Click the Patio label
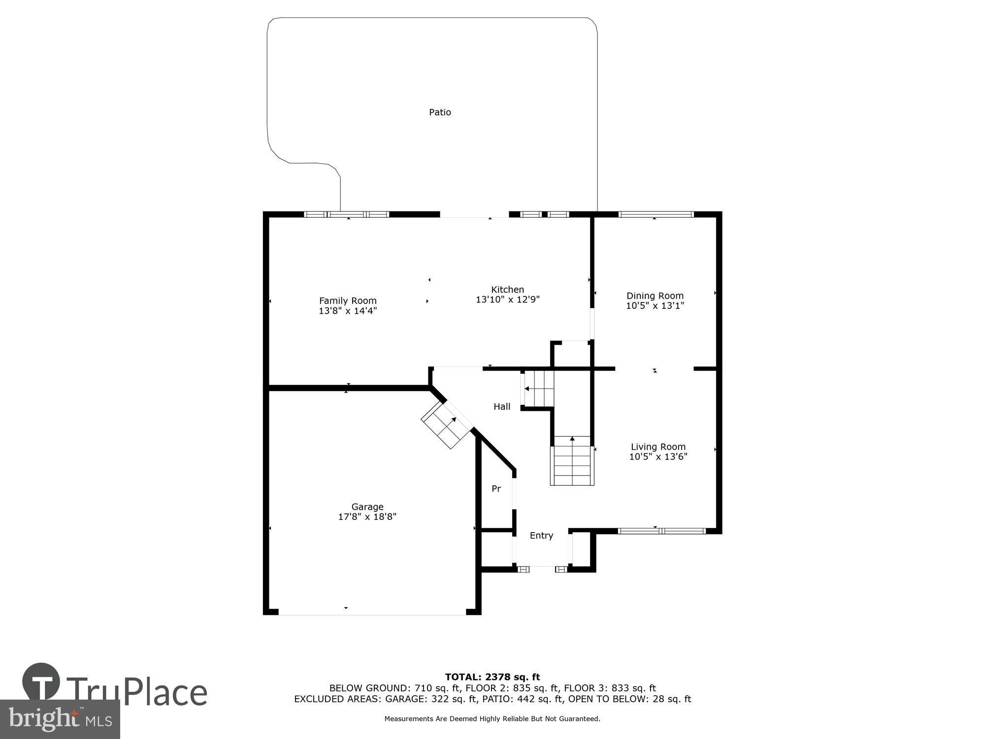(x=440, y=112)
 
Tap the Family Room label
(x=348, y=301)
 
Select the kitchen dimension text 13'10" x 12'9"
(x=507, y=300)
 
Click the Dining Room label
(x=655, y=296)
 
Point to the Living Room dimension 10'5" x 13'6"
(x=658, y=457)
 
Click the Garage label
(x=367, y=506)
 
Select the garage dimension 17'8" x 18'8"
(x=367, y=517)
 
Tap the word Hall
(x=501, y=406)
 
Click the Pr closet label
(x=496, y=489)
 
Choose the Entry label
(x=541, y=536)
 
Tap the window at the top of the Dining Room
(x=656, y=214)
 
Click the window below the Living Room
(x=661, y=531)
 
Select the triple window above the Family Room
(x=347, y=214)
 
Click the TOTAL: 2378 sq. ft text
(x=492, y=677)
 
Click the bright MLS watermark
(x=60, y=720)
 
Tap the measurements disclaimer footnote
(x=492, y=719)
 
